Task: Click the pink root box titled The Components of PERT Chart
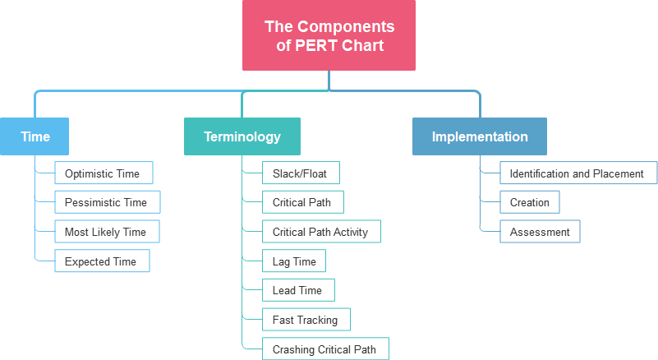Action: pos(329,35)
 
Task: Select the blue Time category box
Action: pos(35,136)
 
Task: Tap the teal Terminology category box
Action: pos(242,136)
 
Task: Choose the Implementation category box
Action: pos(479,136)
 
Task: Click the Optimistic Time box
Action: pos(104,173)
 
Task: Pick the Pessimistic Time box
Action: pos(107,202)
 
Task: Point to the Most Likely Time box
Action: pos(107,232)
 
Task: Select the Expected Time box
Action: pos(102,261)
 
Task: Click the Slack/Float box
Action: pos(301,173)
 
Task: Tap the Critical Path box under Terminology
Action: pos(302,202)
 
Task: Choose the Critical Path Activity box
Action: pos(320,232)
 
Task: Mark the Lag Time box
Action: pos(294,261)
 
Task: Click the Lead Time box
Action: pos(298,290)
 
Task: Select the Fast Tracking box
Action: pos(306,320)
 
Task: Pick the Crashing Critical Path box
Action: pos(324,349)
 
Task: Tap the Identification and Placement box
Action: pos(578,173)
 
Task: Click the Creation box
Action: pos(529,202)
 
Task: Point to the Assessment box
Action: pos(540,232)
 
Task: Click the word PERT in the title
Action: pos(315,45)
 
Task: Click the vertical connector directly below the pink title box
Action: pos(329,80)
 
